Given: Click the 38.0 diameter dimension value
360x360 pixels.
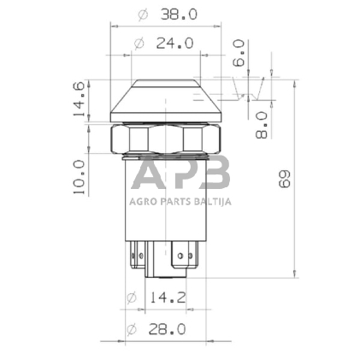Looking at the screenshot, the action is [x=179, y=15].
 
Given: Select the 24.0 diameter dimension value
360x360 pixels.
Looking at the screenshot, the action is [x=175, y=44].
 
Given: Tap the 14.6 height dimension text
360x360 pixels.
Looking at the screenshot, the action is [x=79, y=99].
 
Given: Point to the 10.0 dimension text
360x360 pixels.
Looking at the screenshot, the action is [x=79, y=177].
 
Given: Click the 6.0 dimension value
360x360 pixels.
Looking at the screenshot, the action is [x=239, y=53].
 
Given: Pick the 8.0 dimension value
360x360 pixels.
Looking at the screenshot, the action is [x=262, y=125].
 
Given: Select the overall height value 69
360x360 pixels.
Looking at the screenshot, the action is [x=284, y=179].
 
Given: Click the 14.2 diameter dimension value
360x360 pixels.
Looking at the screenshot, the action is [x=168, y=298].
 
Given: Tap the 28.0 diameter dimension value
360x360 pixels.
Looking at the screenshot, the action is [x=168, y=329].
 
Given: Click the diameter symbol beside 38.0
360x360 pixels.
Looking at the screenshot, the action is [x=143, y=15].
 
